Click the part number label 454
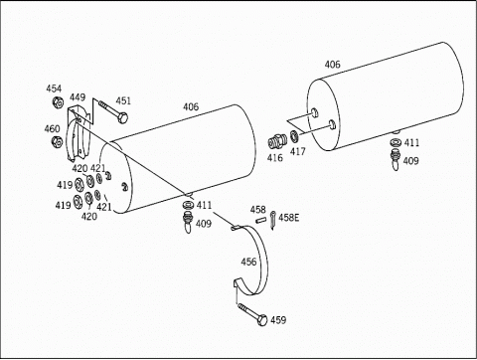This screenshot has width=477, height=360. pyautogui.click(x=54, y=89)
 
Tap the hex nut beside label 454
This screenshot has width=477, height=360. pyautogui.click(x=58, y=102)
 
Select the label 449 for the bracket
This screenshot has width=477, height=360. pyautogui.click(x=78, y=97)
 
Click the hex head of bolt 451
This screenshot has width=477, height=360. pyautogui.click(x=123, y=117)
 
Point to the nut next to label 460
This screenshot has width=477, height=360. pyautogui.click(x=58, y=141)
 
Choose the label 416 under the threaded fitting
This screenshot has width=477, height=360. pyautogui.click(x=275, y=158)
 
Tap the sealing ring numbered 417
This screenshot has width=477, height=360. pyautogui.click(x=294, y=136)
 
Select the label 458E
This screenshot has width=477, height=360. pyautogui.click(x=288, y=218)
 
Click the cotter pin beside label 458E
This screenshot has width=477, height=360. pyautogui.click(x=273, y=220)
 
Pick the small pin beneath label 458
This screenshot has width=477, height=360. pyautogui.click(x=260, y=220)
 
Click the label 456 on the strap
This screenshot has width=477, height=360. pyautogui.click(x=248, y=262)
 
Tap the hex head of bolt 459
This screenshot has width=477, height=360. pyautogui.click(x=262, y=320)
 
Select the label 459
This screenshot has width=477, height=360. pyautogui.click(x=278, y=320)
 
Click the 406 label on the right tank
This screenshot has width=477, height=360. pyautogui.click(x=332, y=65)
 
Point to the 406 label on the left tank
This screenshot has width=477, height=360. pyautogui.click(x=191, y=106)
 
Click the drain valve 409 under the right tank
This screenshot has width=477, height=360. pyautogui.click(x=396, y=159)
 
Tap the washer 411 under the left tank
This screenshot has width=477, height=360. pyautogui.click(x=188, y=204)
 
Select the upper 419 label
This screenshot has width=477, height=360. pyautogui.click(x=65, y=185)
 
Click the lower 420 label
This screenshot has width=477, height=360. pyautogui.click(x=89, y=217)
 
